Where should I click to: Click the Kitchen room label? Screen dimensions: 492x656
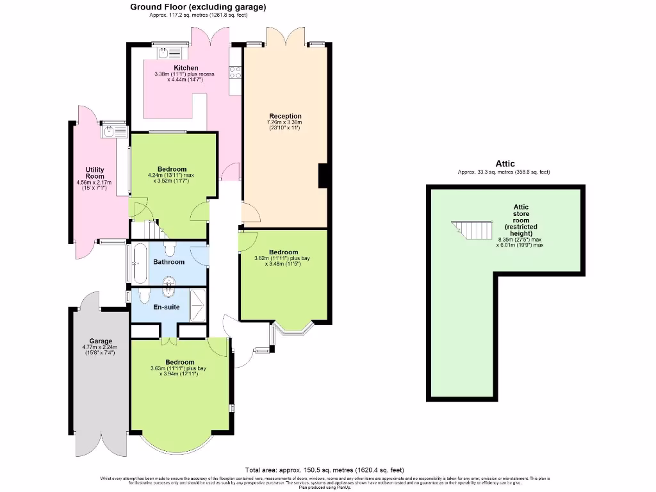(186, 68)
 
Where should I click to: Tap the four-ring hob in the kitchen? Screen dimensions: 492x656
(234, 72)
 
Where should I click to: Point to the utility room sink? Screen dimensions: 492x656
(113, 132)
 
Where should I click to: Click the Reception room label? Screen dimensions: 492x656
(285, 116)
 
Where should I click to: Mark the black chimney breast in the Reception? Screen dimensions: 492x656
(324, 176)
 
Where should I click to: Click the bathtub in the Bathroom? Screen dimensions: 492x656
(138, 263)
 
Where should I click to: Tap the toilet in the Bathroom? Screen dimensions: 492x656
(169, 248)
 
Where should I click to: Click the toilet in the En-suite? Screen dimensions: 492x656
(143, 295)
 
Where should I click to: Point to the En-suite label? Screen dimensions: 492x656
(167, 307)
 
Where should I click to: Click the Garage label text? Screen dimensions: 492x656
(101, 341)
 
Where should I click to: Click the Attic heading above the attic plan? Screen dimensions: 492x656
(505, 164)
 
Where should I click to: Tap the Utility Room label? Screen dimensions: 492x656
(95, 173)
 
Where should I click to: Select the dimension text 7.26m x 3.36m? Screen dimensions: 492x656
(284, 122)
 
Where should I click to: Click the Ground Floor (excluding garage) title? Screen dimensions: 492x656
(198, 7)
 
